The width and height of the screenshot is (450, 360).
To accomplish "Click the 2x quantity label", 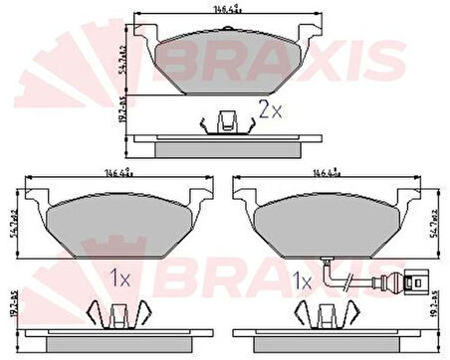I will coord(269,111).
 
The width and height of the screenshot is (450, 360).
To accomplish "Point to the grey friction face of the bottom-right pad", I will coord(330,224).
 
